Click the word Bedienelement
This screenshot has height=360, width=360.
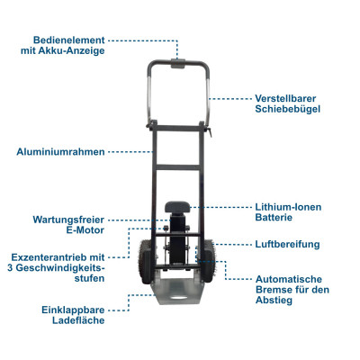pos(69,40)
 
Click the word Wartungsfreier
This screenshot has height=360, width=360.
pos(71,220)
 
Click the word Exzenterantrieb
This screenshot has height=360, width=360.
pos(54,256)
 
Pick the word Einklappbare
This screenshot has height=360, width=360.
pos(71,308)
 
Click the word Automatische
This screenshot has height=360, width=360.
pos(288,278)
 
